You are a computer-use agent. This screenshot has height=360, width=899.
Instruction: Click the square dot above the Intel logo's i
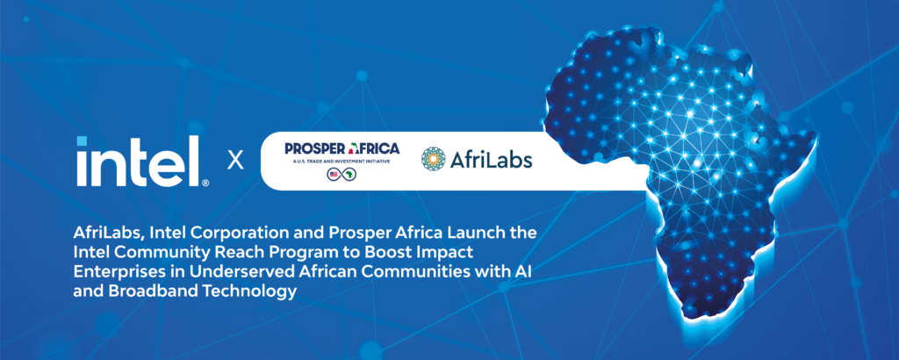82,141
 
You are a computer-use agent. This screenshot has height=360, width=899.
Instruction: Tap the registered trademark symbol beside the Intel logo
205,183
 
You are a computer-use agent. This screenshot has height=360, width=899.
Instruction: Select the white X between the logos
235,161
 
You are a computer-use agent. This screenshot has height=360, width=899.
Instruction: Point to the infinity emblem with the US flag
342,174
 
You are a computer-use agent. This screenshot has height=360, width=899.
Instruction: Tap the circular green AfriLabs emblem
434,159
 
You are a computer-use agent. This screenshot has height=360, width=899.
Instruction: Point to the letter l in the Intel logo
196,161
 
